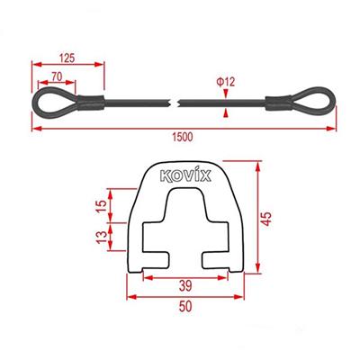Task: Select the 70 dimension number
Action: pos(56,77)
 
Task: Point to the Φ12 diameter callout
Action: pos(227,83)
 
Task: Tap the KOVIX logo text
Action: pos(186,176)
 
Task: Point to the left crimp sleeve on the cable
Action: pos(90,102)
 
